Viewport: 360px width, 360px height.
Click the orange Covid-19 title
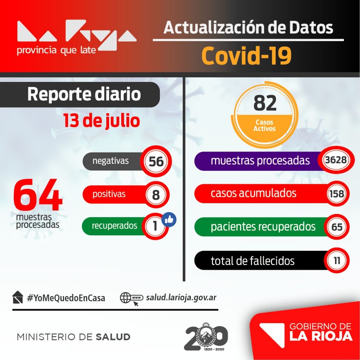(246, 55)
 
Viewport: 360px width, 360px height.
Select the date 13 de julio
(102, 121)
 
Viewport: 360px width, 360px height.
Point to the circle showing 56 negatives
(156, 161)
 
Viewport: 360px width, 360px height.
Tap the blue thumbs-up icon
(169, 220)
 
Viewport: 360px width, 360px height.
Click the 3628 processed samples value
(336, 160)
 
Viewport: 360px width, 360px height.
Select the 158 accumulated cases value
(336, 194)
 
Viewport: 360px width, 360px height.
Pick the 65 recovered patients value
(336, 227)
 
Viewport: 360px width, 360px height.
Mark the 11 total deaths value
(336, 261)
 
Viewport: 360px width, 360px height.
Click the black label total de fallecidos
(253, 261)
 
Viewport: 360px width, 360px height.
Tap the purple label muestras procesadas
(260, 161)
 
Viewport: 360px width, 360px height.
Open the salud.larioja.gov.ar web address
(181, 298)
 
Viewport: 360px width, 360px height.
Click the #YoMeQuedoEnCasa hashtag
(66, 298)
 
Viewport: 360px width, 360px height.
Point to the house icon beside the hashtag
(18, 297)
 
